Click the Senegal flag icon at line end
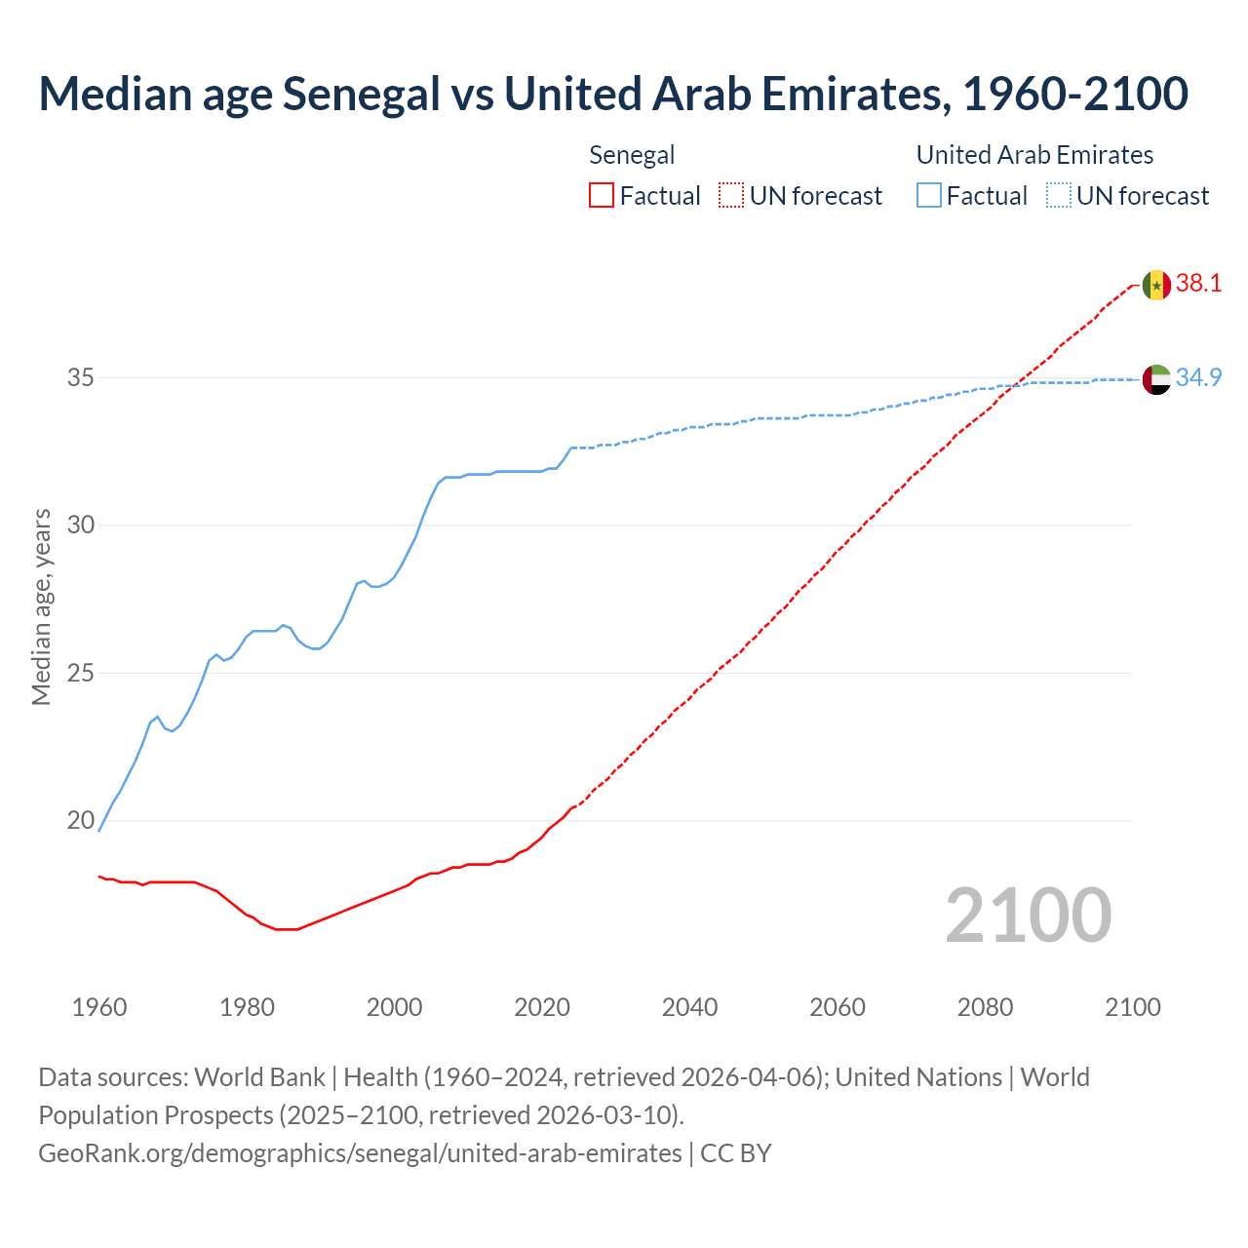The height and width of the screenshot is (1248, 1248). (x=1155, y=285)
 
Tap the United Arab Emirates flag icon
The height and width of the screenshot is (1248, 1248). (x=1155, y=379)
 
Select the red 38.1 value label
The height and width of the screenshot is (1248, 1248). (x=1198, y=284)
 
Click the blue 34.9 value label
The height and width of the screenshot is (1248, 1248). (x=1198, y=378)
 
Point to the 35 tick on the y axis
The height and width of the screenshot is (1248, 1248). (x=80, y=377)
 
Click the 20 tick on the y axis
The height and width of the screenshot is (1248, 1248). (x=80, y=821)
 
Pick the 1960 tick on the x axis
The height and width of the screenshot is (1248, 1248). (x=99, y=1007)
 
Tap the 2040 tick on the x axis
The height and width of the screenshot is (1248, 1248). (x=689, y=1007)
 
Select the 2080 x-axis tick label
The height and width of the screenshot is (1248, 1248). (x=985, y=1007)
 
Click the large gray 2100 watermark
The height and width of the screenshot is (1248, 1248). (x=1028, y=915)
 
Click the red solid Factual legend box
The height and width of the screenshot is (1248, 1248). (x=602, y=196)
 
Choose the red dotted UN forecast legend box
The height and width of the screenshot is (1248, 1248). (x=731, y=196)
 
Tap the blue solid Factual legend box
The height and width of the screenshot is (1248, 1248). (x=929, y=196)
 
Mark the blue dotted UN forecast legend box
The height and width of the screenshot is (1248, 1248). (x=1059, y=196)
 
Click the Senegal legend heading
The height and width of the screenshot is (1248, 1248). (x=632, y=155)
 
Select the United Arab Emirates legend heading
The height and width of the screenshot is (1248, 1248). (x=1034, y=155)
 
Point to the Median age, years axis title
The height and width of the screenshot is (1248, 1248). (x=41, y=606)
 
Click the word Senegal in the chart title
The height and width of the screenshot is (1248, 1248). (x=362, y=94)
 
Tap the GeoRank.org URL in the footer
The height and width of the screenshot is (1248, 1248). (x=360, y=1152)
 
